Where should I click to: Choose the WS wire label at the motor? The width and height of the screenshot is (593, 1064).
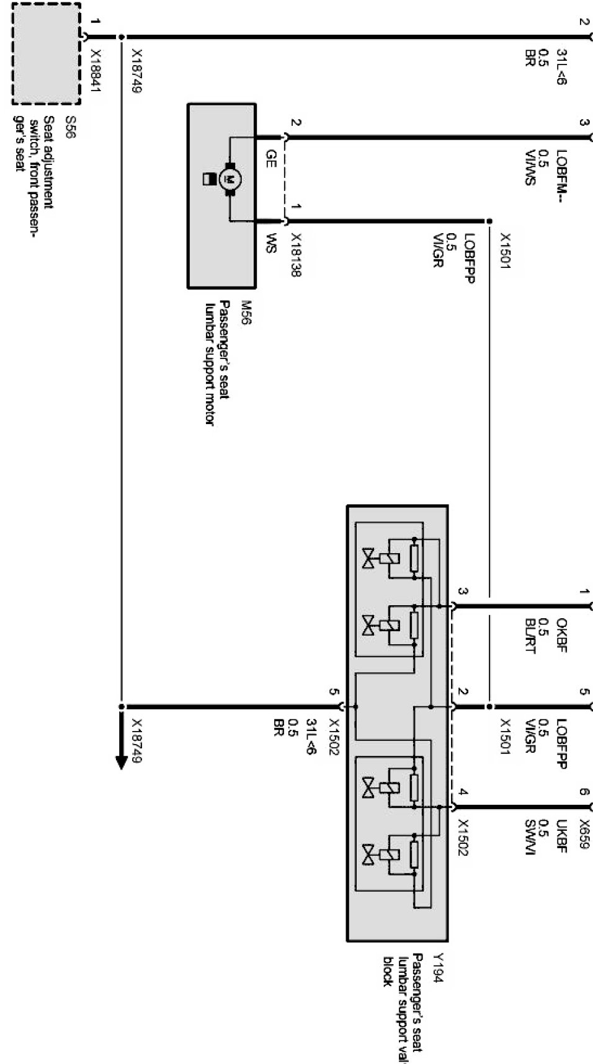pyautogui.click(x=270, y=243)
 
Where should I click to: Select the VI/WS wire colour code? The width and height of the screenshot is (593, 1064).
pyautogui.click(x=529, y=167)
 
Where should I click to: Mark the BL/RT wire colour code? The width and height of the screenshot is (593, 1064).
pyautogui.click(x=529, y=636)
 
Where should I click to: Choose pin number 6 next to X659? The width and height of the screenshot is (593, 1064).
pyautogui.click(x=583, y=792)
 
